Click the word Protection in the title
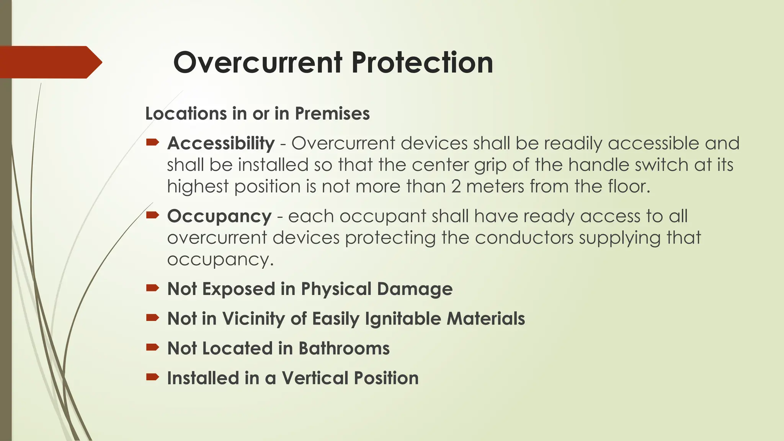tap(422, 62)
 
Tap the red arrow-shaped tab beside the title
tap(50, 62)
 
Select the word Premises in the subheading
tap(332, 114)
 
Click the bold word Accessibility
tap(221, 143)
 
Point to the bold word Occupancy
tap(219, 217)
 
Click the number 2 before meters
tap(456, 186)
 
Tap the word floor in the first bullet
tap(629, 186)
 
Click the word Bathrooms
tap(344, 348)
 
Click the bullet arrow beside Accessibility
tap(152, 143)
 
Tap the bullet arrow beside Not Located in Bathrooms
tap(152, 348)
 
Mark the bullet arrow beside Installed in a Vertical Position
tap(152, 377)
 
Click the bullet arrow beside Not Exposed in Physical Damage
tap(152, 288)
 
